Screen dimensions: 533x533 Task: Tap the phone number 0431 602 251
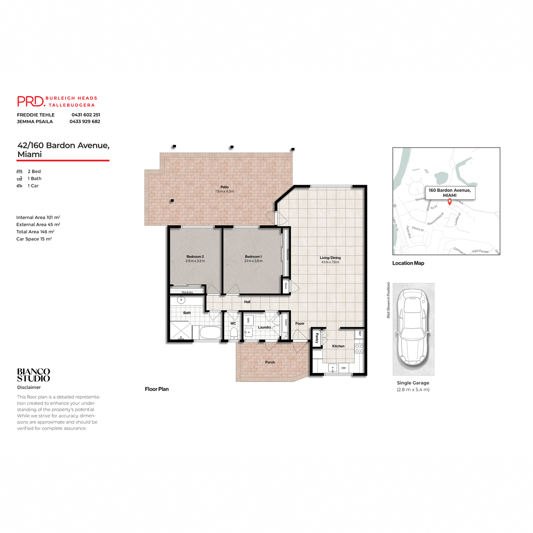[86, 115]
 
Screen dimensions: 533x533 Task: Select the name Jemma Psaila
[35, 122]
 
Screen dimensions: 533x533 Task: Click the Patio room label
[224, 187]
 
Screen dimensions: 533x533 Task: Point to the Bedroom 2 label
[195, 257]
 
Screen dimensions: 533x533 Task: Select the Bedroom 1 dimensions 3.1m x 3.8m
[253, 261]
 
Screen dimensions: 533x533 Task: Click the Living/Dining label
[330, 258]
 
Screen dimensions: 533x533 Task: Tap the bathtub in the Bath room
[211, 333]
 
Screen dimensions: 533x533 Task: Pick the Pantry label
[317, 338]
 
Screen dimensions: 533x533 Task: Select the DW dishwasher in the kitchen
[343, 368]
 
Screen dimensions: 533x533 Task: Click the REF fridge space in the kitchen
[360, 334]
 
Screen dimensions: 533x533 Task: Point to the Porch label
[270, 362]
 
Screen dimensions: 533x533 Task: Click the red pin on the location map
[449, 202]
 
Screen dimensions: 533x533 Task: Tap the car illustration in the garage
[413, 329]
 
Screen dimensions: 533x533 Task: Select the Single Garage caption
[413, 383]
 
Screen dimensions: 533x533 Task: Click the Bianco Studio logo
[34, 375]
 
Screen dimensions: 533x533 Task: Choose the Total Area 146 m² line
[36, 232]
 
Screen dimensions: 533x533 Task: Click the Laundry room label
[264, 327]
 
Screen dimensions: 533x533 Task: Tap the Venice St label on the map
[418, 229]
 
